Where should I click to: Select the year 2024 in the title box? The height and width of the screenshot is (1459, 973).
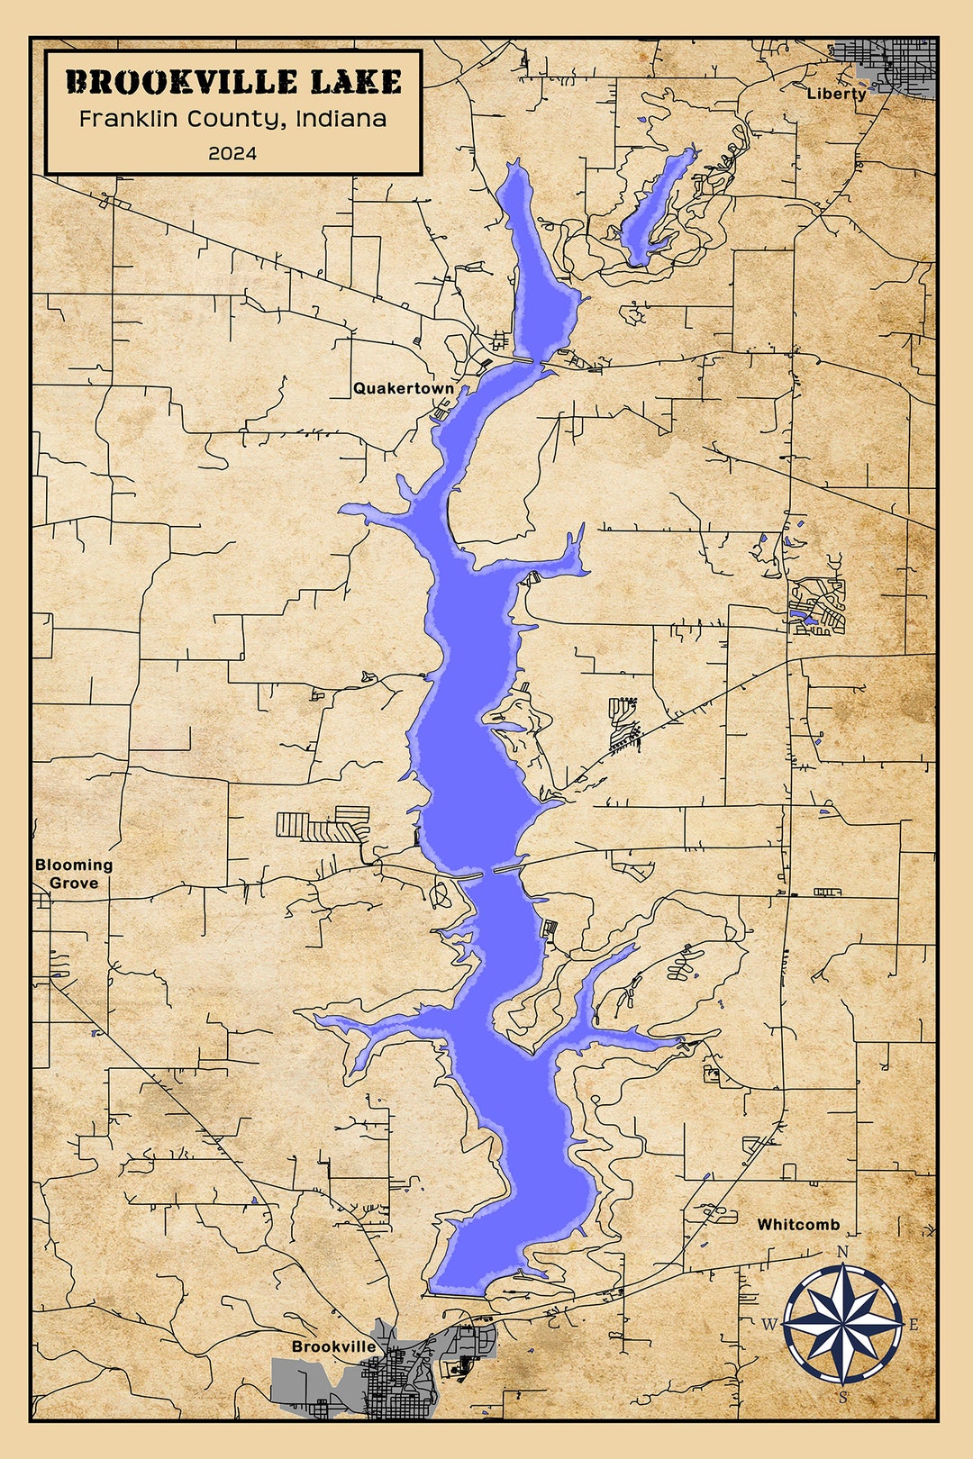pos(232,153)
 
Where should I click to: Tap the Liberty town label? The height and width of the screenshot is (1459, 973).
pos(836,94)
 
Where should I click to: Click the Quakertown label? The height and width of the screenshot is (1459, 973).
pos(404,388)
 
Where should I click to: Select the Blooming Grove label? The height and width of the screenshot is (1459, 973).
pos(74,874)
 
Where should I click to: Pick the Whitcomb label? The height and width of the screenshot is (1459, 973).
pos(798,1225)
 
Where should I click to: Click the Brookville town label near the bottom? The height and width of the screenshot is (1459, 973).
pos(333,1346)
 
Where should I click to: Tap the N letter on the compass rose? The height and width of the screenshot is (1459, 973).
pos(843,1252)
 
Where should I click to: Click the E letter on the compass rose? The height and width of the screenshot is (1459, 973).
pos(914,1325)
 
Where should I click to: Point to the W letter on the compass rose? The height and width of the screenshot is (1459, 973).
pos(769,1324)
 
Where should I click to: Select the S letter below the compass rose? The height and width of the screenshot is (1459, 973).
pos(843,1398)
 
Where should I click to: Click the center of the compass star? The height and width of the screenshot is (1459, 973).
pos(843,1324)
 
